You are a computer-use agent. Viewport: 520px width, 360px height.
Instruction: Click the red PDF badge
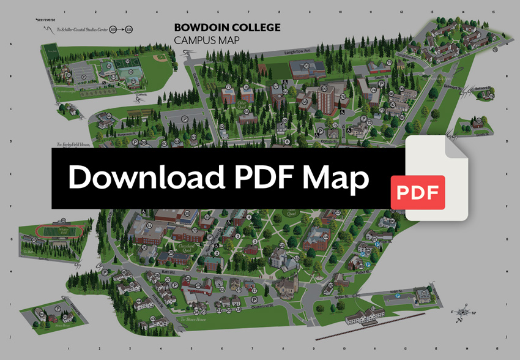[x=418, y=192]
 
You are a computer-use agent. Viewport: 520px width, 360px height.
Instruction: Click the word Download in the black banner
[x=144, y=178]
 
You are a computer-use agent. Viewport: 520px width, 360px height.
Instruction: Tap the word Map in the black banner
[x=336, y=178]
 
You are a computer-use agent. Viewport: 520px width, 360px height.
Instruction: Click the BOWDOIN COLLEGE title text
[x=227, y=28]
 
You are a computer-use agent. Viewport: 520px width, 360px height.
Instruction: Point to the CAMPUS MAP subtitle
[x=206, y=40]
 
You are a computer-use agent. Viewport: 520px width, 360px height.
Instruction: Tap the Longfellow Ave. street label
[x=298, y=53]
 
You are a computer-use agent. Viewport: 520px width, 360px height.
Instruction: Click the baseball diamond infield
[x=160, y=58]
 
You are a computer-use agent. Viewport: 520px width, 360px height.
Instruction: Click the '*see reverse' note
[x=45, y=20]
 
